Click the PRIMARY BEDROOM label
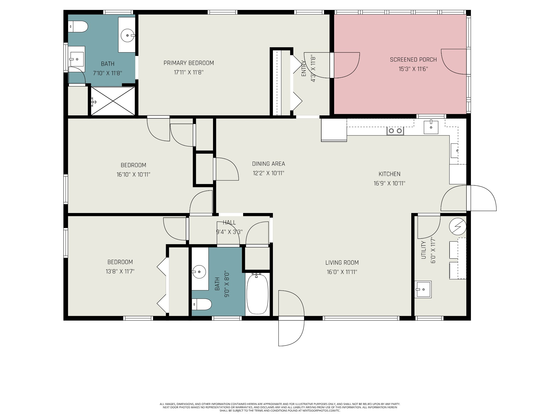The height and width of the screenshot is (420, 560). tap(189, 63)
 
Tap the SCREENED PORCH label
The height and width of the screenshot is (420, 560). tap(413, 60)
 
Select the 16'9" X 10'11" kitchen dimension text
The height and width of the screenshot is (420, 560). tap(389, 183)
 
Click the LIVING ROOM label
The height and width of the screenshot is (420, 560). tap(342, 262)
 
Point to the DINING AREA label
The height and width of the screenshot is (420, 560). tap(269, 164)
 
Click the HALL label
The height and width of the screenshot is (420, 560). tap(229, 223)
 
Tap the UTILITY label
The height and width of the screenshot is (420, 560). tap(424, 250)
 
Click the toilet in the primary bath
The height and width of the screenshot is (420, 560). tap(78, 27)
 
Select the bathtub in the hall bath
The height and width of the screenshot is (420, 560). tap(258, 294)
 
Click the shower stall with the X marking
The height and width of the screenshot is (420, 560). tap(113, 101)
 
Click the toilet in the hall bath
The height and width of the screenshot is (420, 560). tap(202, 304)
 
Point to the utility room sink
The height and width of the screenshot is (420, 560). tap(423, 289)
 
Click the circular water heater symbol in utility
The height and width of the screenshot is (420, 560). tap(458, 227)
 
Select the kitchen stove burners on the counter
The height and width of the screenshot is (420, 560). tap(395, 131)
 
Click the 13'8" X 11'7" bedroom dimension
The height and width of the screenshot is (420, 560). tap(120, 272)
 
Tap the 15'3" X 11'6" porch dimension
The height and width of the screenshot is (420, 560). tap(413, 69)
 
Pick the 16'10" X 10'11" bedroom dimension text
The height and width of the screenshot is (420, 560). tap(133, 174)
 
